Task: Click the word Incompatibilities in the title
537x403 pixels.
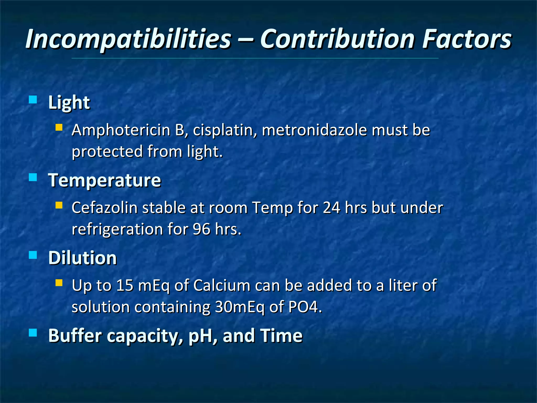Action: (x=128, y=39)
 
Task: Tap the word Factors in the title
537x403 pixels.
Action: (x=467, y=39)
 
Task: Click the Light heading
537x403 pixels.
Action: (x=69, y=102)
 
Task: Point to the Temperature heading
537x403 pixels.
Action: (x=104, y=181)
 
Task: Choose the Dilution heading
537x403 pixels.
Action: (x=82, y=258)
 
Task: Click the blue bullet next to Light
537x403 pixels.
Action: (x=33, y=100)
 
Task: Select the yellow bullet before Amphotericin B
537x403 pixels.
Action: (x=59, y=128)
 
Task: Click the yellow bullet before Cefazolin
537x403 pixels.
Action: (x=59, y=205)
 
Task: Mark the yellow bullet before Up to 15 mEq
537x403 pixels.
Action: (x=59, y=283)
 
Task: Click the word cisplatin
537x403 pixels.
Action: (x=225, y=130)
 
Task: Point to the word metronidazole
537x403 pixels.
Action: (x=314, y=130)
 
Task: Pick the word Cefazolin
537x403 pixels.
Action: (x=105, y=208)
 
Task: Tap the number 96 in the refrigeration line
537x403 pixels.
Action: (x=201, y=229)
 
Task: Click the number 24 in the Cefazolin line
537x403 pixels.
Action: (x=331, y=208)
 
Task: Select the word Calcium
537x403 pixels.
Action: (x=222, y=285)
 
